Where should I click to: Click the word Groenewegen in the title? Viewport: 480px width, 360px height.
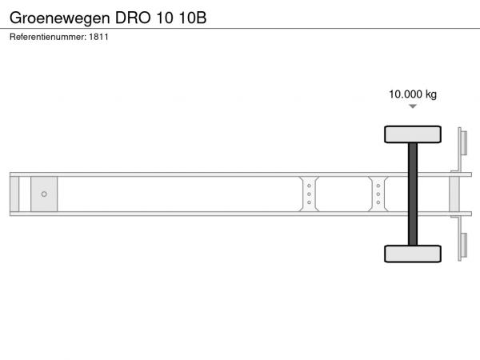pyautogui.click(x=60, y=18)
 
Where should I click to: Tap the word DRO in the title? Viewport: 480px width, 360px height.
pyautogui.click(x=133, y=18)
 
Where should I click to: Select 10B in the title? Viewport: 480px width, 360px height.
pyautogui.click(x=193, y=18)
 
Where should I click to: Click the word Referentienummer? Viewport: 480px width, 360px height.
pyautogui.click(x=48, y=37)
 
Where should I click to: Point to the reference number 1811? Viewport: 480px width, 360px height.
pyautogui.click(x=98, y=37)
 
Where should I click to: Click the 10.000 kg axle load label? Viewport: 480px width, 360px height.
pyautogui.click(x=413, y=94)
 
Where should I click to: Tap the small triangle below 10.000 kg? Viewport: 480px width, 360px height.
pyautogui.click(x=413, y=106)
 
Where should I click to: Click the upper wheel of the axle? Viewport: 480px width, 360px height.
pyautogui.click(x=413, y=134)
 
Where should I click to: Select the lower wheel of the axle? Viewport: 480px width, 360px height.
pyautogui.click(x=413, y=254)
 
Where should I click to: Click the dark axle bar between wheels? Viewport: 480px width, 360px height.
pyautogui.click(x=413, y=194)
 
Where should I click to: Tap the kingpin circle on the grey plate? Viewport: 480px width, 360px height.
pyautogui.click(x=44, y=194)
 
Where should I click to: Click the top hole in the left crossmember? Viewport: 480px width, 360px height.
pyautogui.click(x=309, y=186)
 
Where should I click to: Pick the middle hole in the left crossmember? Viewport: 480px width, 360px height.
pyautogui.click(x=309, y=194)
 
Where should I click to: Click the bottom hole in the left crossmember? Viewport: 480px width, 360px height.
pyautogui.click(x=309, y=202)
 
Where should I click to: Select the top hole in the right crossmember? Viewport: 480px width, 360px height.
pyautogui.click(x=378, y=186)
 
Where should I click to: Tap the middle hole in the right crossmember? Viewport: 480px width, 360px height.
pyautogui.click(x=378, y=194)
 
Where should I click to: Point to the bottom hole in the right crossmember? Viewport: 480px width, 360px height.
pyautogui.click(x=378, y=202)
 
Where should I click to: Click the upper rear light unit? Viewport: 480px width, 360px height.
pyautogui.click(x=464, y=143)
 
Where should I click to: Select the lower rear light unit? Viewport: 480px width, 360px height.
pyautogui.click(x=464, y=246)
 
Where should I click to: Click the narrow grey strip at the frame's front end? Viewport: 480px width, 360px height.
pyautogui.click(x=14, y=194)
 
